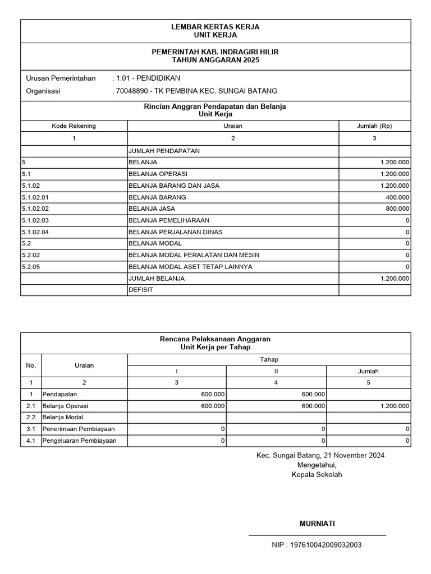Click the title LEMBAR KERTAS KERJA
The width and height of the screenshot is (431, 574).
pyautogui.click(x=215, y=27)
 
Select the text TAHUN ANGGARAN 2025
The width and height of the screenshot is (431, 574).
pyautogui.click(x=215, y=60)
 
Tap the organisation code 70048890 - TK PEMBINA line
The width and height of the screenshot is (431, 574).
pyautogui.click(x=195, y=91)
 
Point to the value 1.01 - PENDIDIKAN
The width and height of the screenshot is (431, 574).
pyautogui.click(x=146, y=78)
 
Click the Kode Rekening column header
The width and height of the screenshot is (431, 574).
pyautogui.click(x=74, y=126)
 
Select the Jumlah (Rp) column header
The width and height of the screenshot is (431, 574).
pyautogui.click(x=374, y=126)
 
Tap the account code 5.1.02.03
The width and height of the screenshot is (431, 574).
pyautogui.click(x=35, y=220)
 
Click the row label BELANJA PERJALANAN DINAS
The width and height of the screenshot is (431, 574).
pyautogui.click(x=176, y=232)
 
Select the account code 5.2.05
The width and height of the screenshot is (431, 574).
pyautogui.click(x=30, y=267)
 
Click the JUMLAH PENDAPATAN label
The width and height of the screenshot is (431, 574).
pyautogui.click(x=164, y=151)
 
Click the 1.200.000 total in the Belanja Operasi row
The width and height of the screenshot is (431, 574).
pyautogui.click(x=395, y=406)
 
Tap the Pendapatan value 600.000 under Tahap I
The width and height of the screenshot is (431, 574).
pyautogui.click(x=213, y=394)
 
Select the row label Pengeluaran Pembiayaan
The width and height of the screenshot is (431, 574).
pyautogui.click(x=79, y=441)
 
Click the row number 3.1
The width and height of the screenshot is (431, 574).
pyautogui.click(x=31, y=429)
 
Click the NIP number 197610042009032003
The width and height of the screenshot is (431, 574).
pyautogui.click(x=317, y=545)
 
